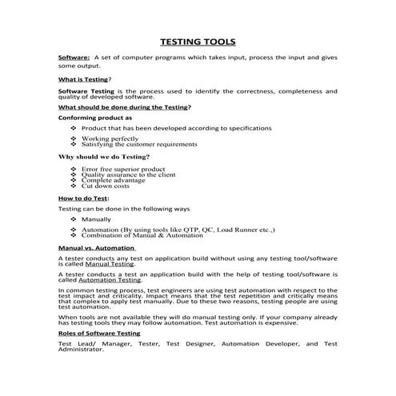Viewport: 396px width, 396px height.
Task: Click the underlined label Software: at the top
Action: coord(74,58)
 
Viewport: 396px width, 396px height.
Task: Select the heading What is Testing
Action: coord(84,80)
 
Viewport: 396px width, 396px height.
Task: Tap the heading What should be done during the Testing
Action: coord(124,107)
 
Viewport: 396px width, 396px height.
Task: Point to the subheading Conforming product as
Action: coord(95,118)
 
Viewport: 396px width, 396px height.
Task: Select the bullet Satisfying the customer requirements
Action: coord(139,145)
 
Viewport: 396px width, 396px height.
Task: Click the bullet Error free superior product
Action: coord(123,169)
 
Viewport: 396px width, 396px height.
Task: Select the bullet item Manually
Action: coord(97,219)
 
